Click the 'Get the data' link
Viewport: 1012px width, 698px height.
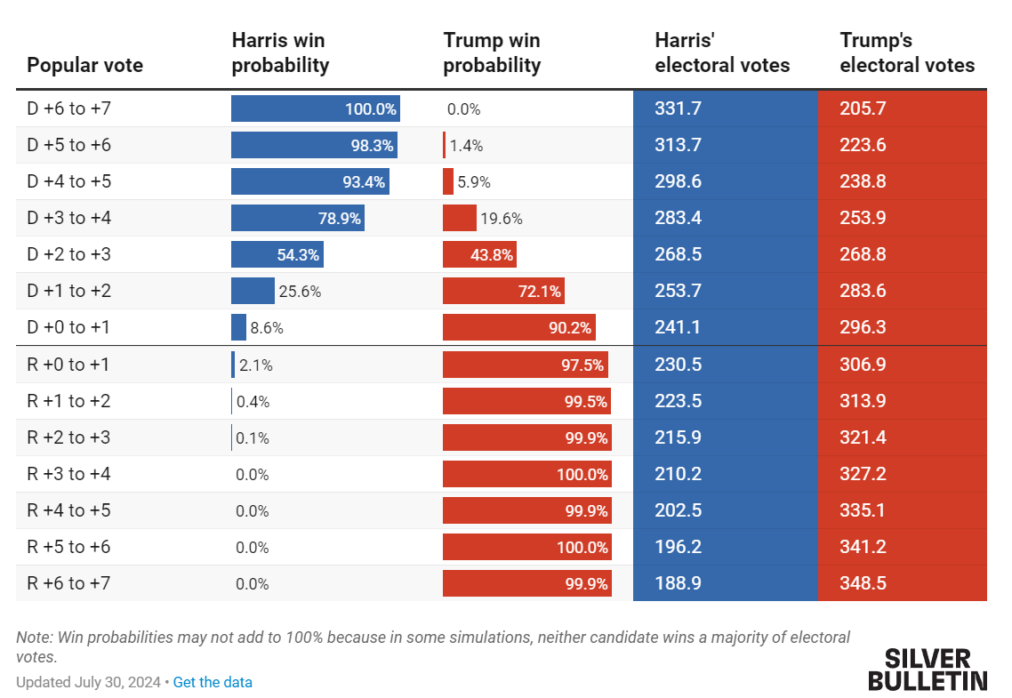click(213, 682)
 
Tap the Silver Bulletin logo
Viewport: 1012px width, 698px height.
click(928, 670)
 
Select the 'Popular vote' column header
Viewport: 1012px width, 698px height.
click(84, 65)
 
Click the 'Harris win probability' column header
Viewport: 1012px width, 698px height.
click(280, 52)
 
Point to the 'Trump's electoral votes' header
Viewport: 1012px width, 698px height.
click(907, 52)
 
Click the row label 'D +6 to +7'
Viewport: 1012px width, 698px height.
click(69, 108)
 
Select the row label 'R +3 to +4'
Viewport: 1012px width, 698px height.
click(69, 474)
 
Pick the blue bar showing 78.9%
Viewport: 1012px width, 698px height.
click(297, 218)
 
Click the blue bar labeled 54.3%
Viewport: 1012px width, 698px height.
click(277, 254)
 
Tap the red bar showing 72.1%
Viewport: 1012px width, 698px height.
click(503, 291)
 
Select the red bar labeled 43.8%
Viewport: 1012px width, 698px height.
click(479, 254)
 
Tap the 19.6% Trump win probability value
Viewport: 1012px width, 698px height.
click(502, 218)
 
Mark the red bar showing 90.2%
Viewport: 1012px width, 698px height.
click(518, 327)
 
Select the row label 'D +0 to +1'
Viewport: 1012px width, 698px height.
click(69, 327)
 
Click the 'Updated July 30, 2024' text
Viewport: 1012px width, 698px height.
click(88, 682)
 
